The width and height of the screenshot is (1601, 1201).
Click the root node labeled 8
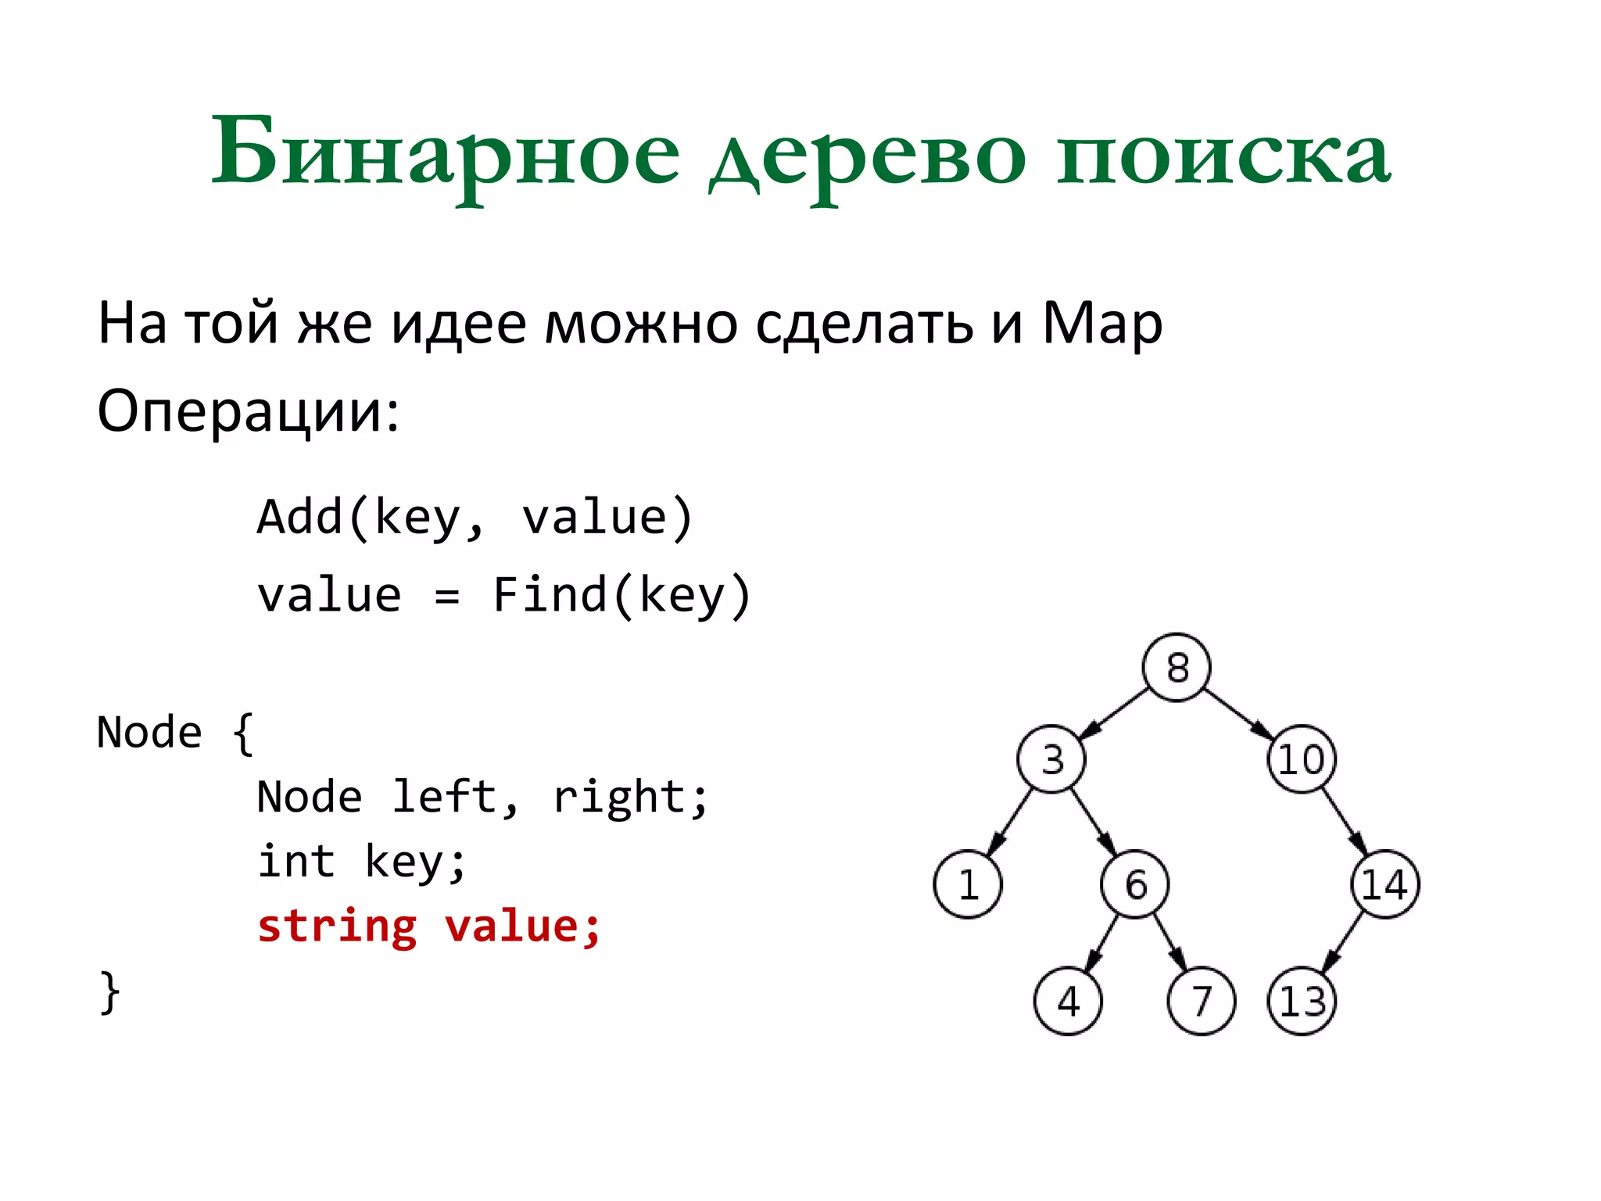pyautogui.click(x=1176, y=668)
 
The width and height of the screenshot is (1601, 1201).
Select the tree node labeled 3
pyautogui.click(x=1051, y=759)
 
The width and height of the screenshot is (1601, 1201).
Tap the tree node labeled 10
pyautogui.click(x=1301, y=759)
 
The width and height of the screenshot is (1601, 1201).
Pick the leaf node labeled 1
pyautogui.click(x=968, y=884)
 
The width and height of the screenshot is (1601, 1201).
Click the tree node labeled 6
pyautogui.click(x=1135, y=884)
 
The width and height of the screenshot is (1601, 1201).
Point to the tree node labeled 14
pyautogui.click(x=1384, y=884)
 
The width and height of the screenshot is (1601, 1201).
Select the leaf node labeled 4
pyautogui.click(x=1068, y=1002)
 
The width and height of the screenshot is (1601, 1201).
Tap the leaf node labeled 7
pyautogui.click(x=1201, y=1002)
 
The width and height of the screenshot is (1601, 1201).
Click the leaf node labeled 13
pyautogui.click(x=1302, y=1002)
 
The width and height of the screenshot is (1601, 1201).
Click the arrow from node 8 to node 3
pyautogui.click(x=1114, y=713)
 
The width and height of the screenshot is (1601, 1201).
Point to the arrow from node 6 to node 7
pyautogui.click(x=1169, y=943)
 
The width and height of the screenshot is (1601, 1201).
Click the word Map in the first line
pyautogui.click(x=1102, y=323)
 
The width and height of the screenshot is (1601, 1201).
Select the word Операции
pyautogui.click(x=247, y=411)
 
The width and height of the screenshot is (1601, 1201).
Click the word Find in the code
pyautogui.click(x=550, y=595)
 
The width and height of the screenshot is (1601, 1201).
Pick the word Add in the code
pyautogui.click(x=300, y=517)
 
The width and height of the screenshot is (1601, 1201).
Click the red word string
pyautogui.click(x=337, y=927)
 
